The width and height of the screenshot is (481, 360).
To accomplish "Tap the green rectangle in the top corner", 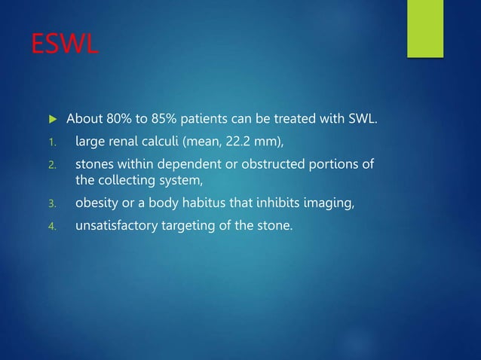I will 424,27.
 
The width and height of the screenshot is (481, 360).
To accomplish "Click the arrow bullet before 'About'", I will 52,120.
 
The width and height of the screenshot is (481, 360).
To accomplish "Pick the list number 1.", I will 52,140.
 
